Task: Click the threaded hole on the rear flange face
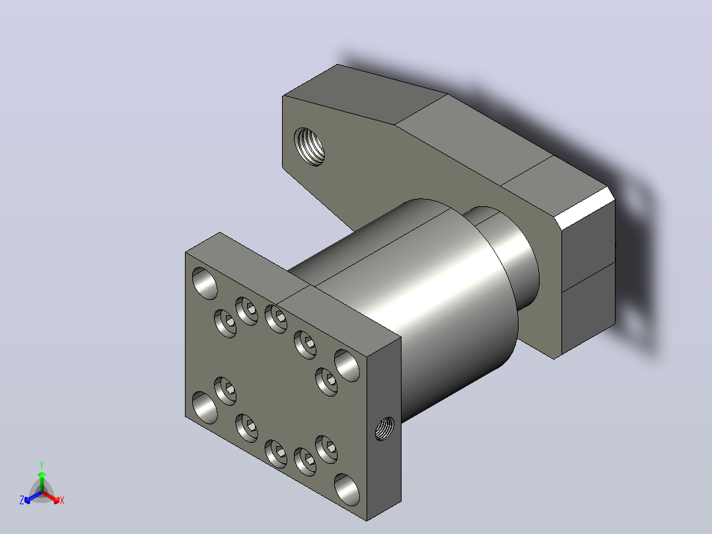click(x=309, y=146)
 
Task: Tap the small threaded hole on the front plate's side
click(x=384, y=428)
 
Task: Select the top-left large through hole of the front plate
click(x=205, y=283)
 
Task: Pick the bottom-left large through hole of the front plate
click(x=205, y=407)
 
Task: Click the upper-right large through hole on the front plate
click(x=347, y=365)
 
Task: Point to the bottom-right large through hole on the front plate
click(x=347, y=490)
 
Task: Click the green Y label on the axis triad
click(x=42, y=465)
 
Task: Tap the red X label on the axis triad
click(x=62, y=500)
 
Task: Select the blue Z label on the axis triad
click(x=22, y=500)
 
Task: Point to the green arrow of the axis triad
click(x=42, y=481)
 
